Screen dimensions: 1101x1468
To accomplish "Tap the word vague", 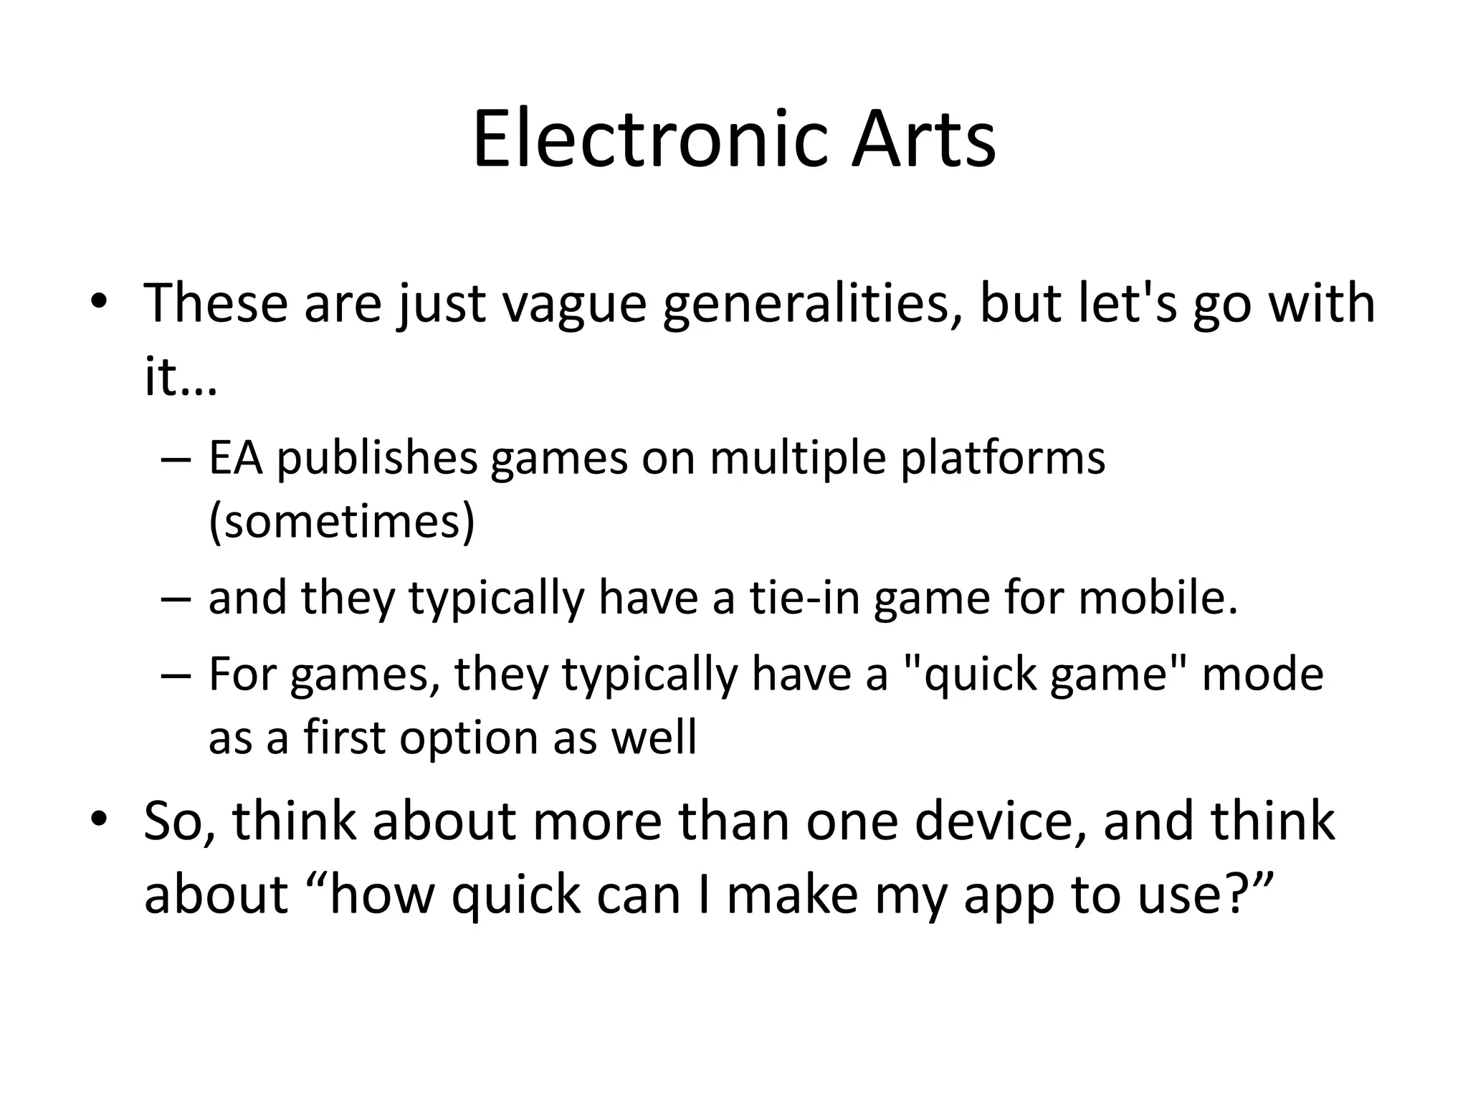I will tap(573, 304).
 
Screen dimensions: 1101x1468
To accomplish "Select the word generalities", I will tap(811, 304).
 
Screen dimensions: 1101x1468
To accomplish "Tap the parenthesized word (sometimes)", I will tap(342, 521).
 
